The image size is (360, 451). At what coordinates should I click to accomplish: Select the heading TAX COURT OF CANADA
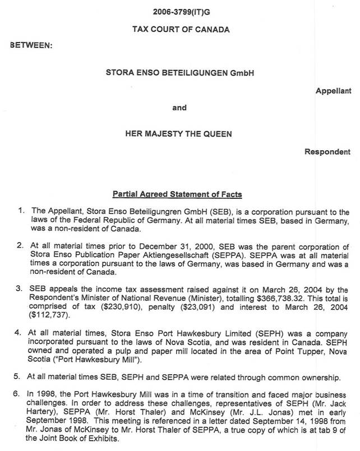[181, 29]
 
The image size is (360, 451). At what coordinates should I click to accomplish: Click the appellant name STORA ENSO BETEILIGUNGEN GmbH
[180, 72]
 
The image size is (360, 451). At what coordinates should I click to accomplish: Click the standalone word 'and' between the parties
[179, 107]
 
